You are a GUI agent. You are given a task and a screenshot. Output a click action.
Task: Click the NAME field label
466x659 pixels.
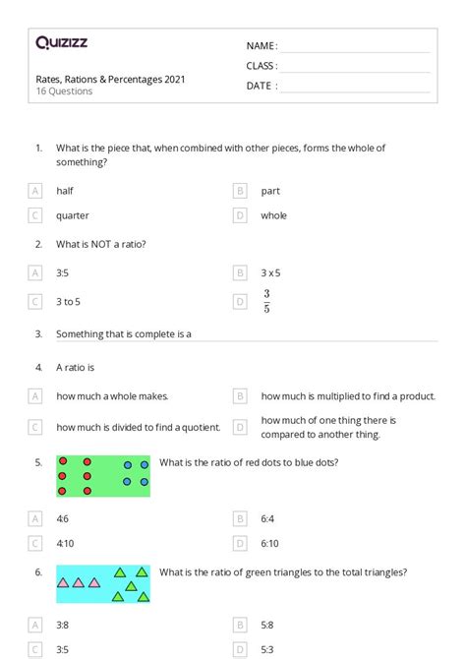262,46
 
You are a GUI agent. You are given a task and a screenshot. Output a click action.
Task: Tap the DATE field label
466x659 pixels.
262,86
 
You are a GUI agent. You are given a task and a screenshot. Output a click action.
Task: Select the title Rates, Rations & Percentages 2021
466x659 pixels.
109,79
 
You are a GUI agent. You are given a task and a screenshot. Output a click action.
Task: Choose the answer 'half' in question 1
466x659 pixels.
65,191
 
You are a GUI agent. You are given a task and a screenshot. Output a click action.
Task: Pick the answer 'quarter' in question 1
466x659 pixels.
73,215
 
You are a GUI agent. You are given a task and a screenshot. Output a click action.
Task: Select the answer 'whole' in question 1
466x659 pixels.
274,215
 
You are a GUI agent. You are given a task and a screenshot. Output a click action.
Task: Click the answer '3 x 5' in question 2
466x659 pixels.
272,272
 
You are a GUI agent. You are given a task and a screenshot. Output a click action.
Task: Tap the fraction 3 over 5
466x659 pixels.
266,302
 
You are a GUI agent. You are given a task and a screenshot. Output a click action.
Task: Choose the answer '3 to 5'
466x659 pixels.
69,302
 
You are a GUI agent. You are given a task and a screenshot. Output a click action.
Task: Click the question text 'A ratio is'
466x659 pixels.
75,367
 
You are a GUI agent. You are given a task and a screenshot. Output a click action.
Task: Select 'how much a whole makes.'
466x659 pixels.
112,396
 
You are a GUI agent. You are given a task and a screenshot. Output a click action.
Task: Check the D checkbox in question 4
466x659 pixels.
240,427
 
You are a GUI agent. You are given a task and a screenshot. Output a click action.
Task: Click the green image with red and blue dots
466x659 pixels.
103,475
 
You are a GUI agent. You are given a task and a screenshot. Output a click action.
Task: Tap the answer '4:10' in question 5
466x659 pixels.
65,542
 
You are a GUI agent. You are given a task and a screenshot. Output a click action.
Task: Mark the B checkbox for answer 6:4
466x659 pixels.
240,517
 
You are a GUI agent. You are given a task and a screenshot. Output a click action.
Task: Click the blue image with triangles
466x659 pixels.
103,583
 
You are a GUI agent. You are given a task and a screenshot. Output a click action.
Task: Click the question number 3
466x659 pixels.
38,334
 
